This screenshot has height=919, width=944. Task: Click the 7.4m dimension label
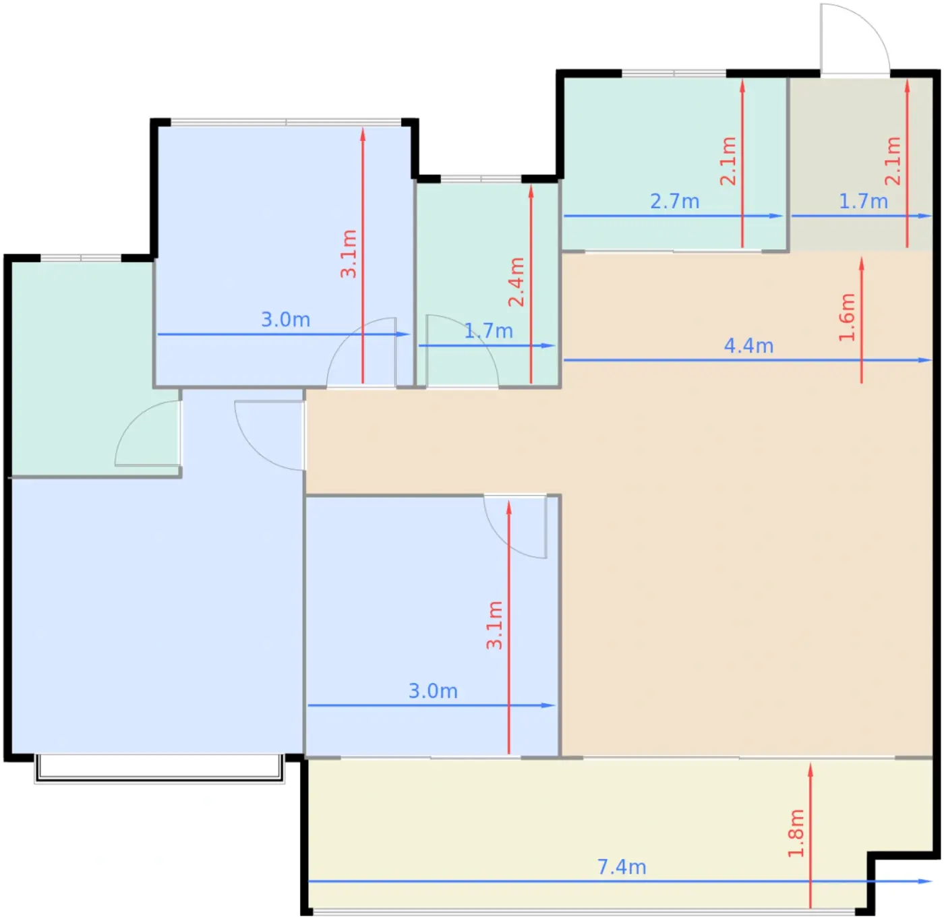(622, 867)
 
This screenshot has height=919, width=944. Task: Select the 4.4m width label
(748, 347)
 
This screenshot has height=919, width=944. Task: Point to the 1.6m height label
(847, 317)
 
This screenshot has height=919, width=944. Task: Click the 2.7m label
(675, 202)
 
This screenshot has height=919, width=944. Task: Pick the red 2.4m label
(517, 283)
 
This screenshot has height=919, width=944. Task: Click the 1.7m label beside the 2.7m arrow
(864, 202)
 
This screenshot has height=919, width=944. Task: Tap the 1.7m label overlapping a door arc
(488, 331)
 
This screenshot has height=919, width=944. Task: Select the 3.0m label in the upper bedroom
(286, 320)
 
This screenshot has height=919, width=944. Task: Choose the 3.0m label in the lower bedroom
(433, 691)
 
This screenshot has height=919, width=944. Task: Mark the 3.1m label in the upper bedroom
(349, 254)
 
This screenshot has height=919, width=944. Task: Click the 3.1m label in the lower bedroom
(494, 625)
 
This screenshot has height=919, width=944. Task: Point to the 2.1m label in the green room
(728, 161)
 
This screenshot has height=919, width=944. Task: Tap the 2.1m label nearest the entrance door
(893, 161)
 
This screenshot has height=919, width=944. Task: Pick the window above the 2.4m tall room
(481, 179)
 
